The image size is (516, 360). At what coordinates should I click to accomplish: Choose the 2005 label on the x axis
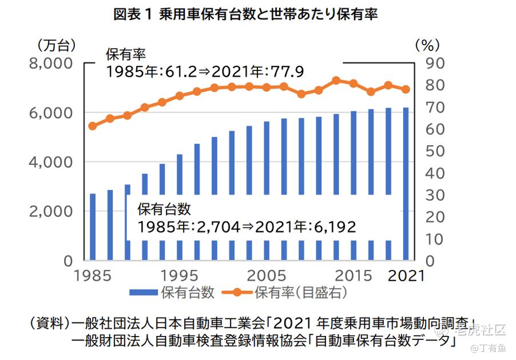point(264,275)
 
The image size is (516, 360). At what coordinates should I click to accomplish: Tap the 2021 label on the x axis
point(407,275)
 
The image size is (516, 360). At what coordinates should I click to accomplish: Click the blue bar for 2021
point(406,183)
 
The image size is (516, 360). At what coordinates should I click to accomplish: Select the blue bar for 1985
point(93,226)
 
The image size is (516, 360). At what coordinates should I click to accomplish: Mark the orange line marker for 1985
point(93,126)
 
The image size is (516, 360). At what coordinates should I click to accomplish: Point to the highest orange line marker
point(336,81)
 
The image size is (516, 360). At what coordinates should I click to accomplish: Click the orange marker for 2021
point(406,89)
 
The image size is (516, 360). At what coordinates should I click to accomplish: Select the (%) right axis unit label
point(426,44)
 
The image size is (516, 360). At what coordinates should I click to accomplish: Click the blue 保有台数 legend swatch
point(144,292)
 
